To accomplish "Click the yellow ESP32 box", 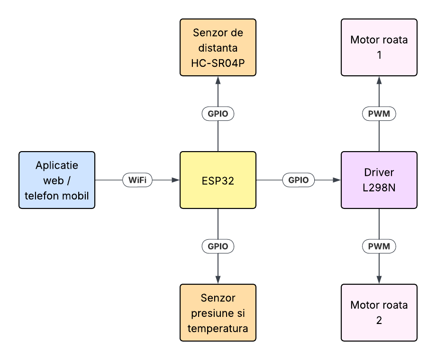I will click(x=218, y=180).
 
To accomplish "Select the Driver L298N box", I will click(x=379, y=180).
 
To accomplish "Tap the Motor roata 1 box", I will click(x=379, y=47).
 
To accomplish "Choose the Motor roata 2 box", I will click(x=379, y=313).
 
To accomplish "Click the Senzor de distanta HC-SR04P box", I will click(x=218, y=47).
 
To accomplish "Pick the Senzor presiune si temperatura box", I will click(x=218, y=313).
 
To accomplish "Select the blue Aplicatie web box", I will click(x=57, y=180).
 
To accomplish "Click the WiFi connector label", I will click(x=137, y=180).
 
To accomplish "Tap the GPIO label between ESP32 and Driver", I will click(x=299, y=180).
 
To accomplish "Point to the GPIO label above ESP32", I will click(x=218, y=114).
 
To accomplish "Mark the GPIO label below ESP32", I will click(x=218, y=246).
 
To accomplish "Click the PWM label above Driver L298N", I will click(x=379, y=114).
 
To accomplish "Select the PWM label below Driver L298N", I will click(x=379, y=246).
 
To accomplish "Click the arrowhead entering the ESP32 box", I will click(x=176, y=180).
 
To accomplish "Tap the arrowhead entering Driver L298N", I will click(x=337, y=180).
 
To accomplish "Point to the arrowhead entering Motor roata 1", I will click(x=379, y=80).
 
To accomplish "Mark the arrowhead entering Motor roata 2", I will click(x=379, y=280).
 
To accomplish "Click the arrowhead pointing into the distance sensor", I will click(x=218, y=80).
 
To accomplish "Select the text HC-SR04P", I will click(x=218, y=63).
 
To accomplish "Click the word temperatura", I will click(x=218, y=328).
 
